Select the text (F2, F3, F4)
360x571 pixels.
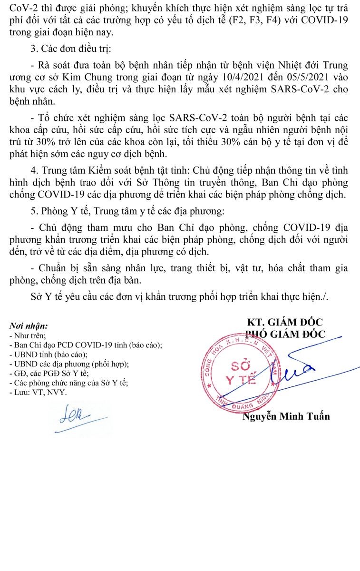[x=252, y=21]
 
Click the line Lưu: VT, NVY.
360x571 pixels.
[x=38, y=393]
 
